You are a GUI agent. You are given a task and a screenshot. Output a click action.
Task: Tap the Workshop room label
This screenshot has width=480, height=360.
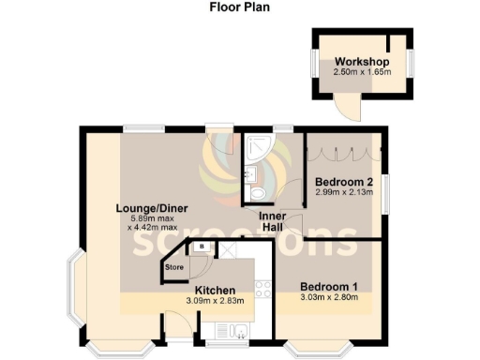pos(362,63)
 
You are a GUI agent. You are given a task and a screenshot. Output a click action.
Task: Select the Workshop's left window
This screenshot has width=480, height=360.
pos(314,66)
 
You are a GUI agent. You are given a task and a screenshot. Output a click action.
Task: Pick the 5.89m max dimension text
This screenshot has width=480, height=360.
pos(150,217)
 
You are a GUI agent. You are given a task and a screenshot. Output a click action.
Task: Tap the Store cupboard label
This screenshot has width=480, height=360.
pos(173,267)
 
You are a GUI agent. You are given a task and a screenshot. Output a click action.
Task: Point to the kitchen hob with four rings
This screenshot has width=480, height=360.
pos(263,289)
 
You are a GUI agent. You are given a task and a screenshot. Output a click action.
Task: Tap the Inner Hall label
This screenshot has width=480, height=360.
pos(274,221)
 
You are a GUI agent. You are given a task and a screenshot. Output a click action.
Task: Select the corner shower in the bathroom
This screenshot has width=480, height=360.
pos(255,146)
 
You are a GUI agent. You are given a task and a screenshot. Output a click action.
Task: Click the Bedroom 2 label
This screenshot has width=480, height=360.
pos(344,182)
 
